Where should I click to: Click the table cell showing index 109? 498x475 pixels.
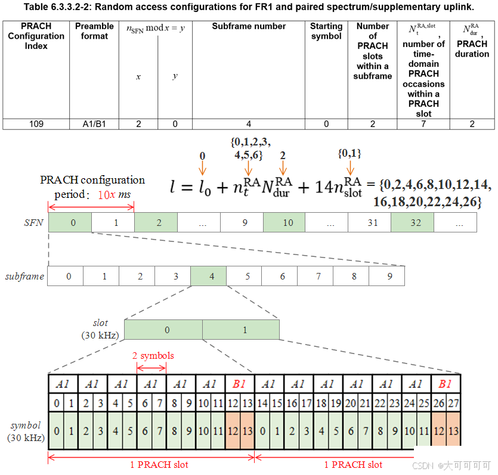point(36,124)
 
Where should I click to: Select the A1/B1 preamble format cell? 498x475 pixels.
point(94,124)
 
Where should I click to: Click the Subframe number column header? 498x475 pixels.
point(249,27)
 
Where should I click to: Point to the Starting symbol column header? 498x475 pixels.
point(326,31)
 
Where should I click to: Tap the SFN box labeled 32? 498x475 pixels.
point(412,223)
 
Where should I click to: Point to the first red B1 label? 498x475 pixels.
point(240,384)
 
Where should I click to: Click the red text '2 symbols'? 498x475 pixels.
point(153,356)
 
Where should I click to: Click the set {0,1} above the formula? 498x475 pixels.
point(350,154)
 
